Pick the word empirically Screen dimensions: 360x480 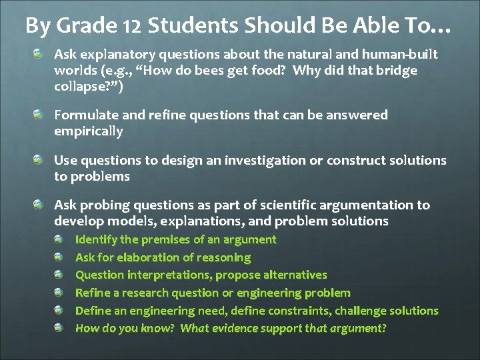(x=89, y=131)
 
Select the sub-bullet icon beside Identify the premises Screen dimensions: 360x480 (x=59, y=238)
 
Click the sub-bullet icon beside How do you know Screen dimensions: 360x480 (x=59, y=327)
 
